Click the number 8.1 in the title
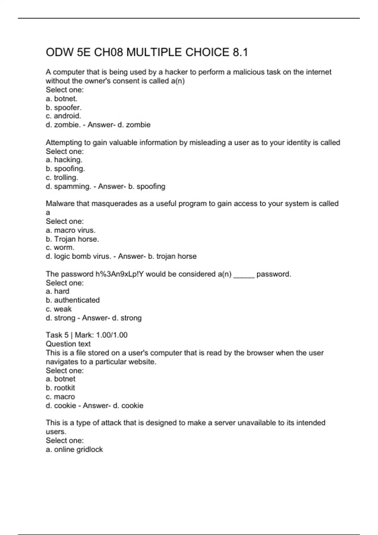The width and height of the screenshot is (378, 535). [240, 52]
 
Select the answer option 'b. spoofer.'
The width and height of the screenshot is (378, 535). [64, 107]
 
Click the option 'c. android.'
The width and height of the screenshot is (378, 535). [63, 116]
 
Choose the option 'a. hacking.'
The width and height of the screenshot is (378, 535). [64, 160]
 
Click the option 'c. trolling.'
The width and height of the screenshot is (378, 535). [62, 177]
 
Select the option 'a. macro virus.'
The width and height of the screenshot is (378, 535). [71, 230]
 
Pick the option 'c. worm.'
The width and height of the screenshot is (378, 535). [60, 248]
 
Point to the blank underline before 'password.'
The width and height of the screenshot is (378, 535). [244, 275]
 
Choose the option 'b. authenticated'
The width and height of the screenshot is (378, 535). [73, 300]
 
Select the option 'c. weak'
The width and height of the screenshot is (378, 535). [59, 309]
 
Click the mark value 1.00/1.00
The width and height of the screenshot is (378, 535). [112, 335]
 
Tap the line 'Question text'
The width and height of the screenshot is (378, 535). [68, 344]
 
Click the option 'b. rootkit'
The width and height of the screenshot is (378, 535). [60, 388]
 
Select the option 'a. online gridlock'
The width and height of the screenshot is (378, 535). [74, 449]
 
